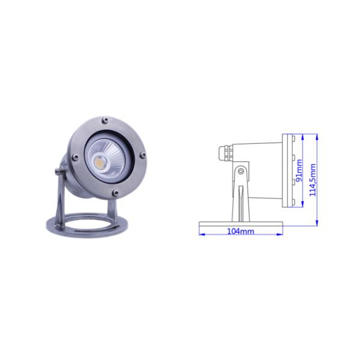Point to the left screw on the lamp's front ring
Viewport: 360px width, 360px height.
[x=74, y=158]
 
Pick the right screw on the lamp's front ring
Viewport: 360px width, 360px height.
[x=143, y=155]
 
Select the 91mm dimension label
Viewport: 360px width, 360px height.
[x=298, y=172]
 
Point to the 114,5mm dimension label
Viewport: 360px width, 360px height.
[x=312, y=179]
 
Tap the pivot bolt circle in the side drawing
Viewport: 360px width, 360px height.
[x=241, y=171]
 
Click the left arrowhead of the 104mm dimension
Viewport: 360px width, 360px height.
[x=201, y=233]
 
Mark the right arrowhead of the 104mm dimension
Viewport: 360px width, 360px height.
[x=280, y=233]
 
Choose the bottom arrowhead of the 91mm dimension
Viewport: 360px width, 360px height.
[x=303, y=205]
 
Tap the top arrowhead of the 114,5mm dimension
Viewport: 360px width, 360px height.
[x=317, y=136]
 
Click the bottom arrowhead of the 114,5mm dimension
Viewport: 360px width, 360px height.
[x=317, y=224]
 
